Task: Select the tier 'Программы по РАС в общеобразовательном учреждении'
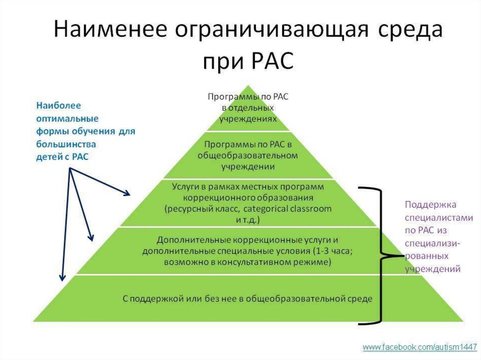click(x=248, y=155)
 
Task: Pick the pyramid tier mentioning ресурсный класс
click(x=248, y=203)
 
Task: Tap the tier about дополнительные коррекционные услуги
click(x=248, y=251)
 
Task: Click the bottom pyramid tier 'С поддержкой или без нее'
click(x=248, y=298)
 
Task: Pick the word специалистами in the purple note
click(x=433, y=218)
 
